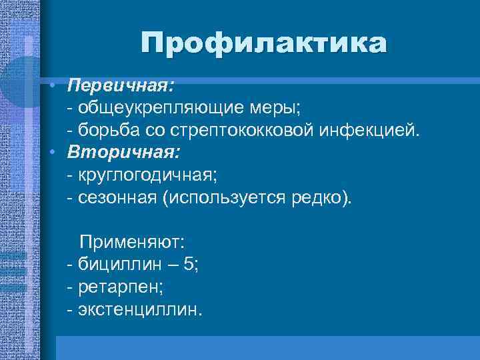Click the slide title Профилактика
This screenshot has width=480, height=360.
coord(263,44)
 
